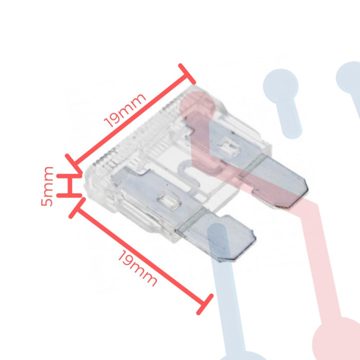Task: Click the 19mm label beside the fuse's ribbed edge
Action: [x=125, y=110]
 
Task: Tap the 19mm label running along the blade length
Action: [x=137, y=267]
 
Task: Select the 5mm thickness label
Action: [x=47, y=186]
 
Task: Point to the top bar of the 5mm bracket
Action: [x=69, y=176]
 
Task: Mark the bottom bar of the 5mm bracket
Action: [x=69, y=195]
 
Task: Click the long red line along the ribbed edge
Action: [x=130, y=118]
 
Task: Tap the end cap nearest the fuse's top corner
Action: [x=187, y=73]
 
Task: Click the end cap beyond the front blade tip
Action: [x=205, y=304]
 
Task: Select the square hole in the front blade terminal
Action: [x=169, y=201]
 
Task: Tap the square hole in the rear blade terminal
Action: [x=229, y=146]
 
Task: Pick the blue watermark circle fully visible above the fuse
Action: [x=280, y=86]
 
